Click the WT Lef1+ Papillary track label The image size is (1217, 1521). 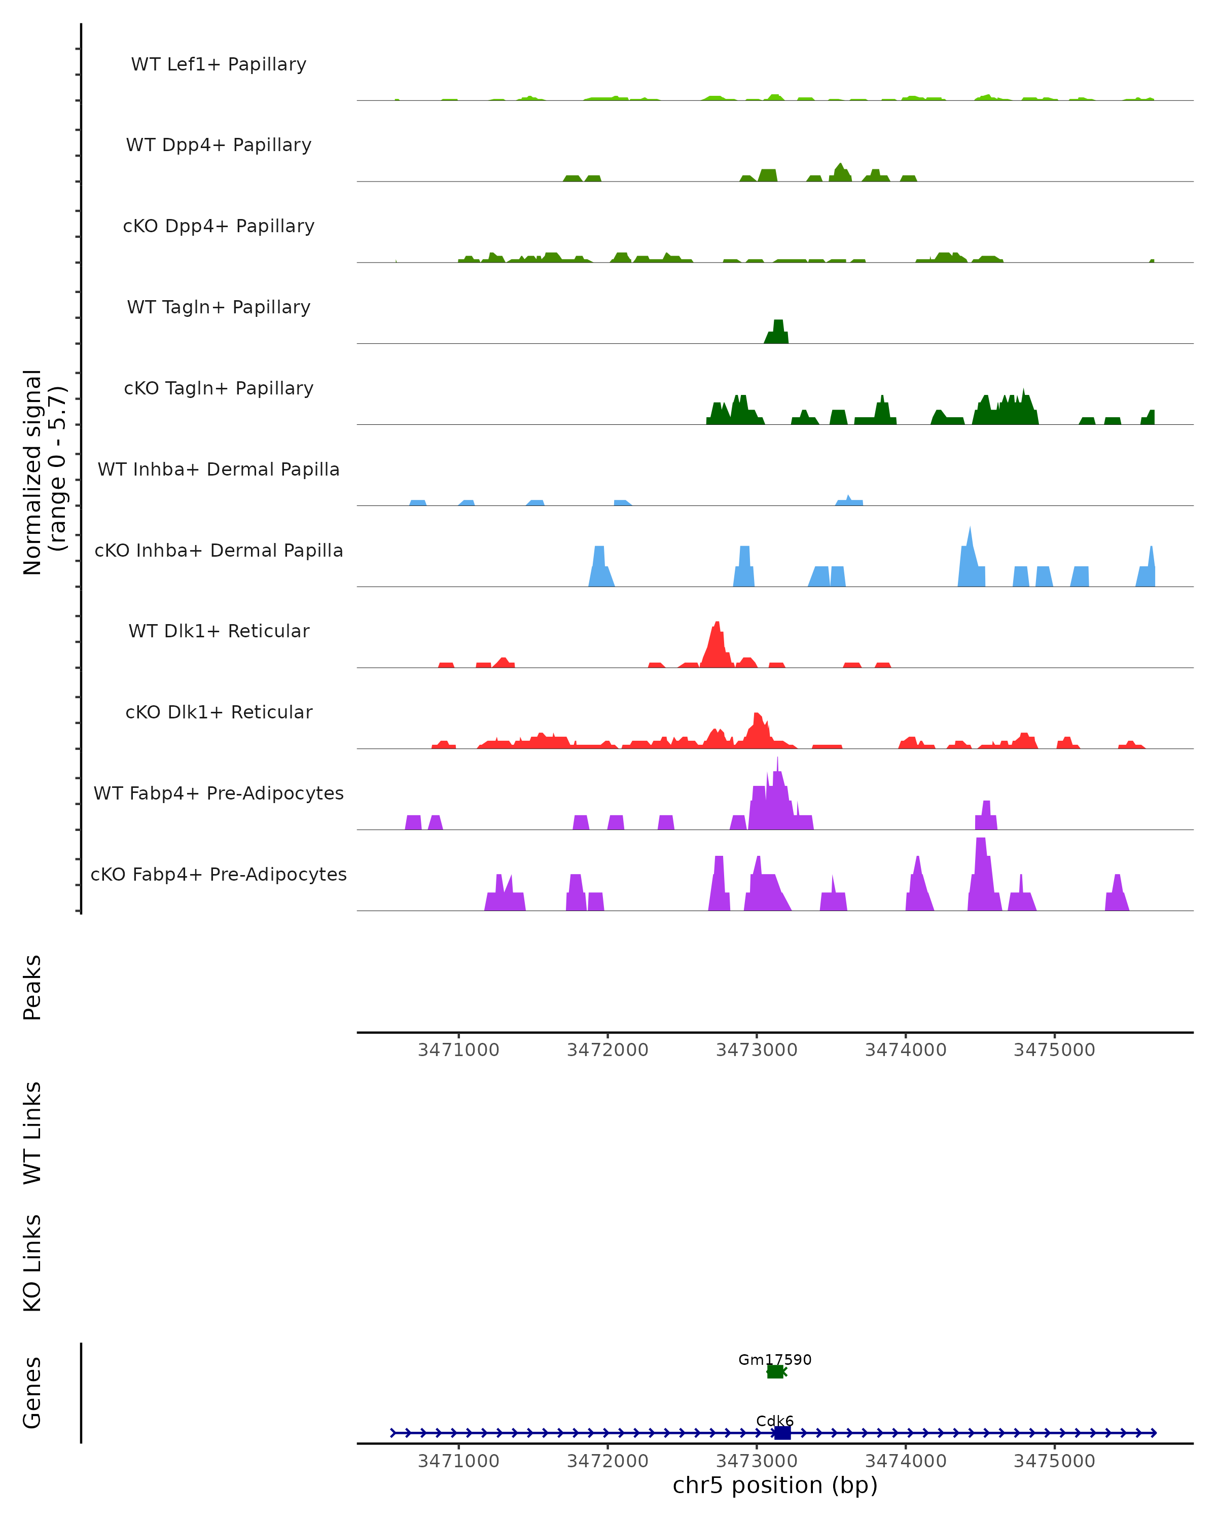tap(219, 64)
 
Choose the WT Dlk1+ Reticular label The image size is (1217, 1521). tap(219, 631)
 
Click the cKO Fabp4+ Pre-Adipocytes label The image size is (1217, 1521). tap(219, 874)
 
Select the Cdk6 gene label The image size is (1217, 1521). tap(775, 1421)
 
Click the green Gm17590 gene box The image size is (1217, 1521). tap(775, 1371)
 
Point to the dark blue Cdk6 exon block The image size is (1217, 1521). tap(782, 1433)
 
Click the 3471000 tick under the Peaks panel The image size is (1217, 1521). tap(458, 1050)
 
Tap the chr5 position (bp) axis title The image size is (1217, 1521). tap(775, 1485)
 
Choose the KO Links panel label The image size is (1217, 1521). tap(32, 1263)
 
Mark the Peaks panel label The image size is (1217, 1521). tap(32, 988)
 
